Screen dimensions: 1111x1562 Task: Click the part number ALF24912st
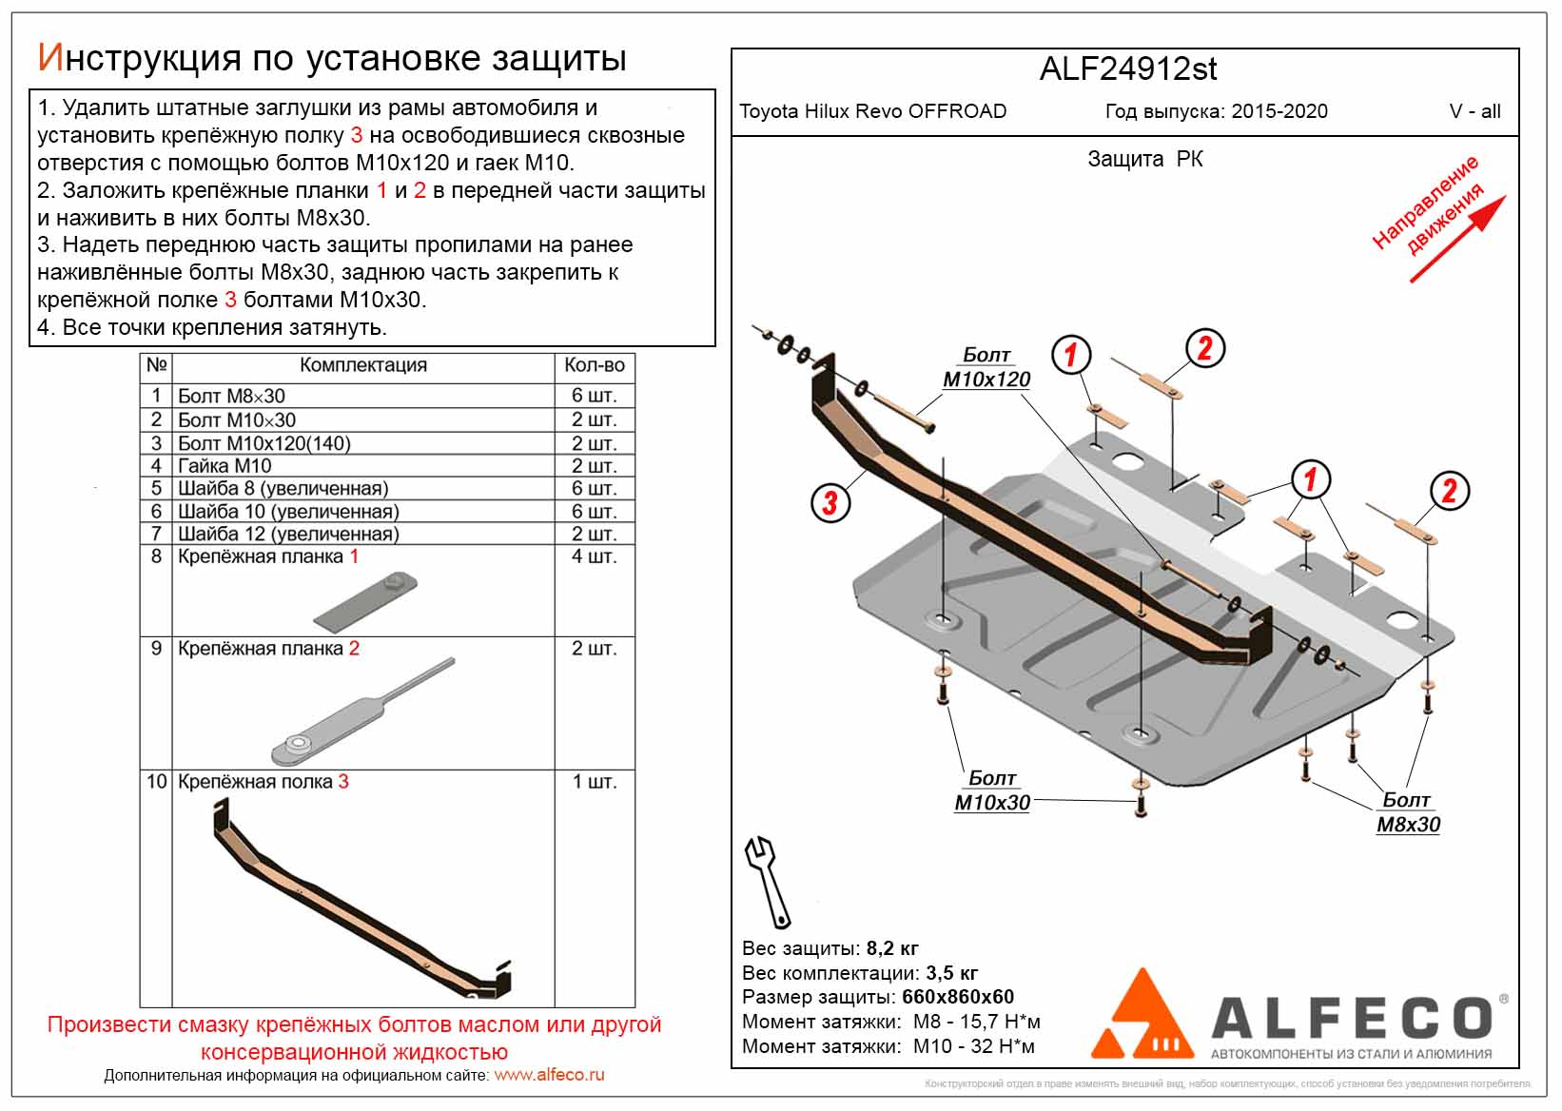point(1127,69)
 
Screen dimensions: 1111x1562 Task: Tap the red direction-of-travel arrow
point(1457,239)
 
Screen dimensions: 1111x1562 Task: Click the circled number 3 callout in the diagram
point(830,501)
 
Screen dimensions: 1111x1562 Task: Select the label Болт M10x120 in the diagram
point(986,367)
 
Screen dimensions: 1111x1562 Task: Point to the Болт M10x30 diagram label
point(992,790)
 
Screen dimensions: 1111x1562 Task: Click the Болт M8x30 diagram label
point(1408,812)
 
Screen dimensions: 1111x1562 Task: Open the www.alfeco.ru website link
point(549,1075)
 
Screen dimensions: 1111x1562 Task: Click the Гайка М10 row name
point(225,466)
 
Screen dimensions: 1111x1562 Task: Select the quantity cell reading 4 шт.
point(594,556)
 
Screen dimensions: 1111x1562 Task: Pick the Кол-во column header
point(594,365)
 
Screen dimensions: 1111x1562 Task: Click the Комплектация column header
point(362,365)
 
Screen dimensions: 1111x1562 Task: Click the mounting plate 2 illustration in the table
point(361,712)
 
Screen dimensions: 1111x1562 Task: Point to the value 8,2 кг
point(892,948)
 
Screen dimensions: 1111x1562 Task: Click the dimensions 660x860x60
point(958,997)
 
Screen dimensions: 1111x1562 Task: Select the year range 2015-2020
point(1279,111)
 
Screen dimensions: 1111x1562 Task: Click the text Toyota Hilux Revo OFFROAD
point(872,111)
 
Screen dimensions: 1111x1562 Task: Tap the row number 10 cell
point(156,782)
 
